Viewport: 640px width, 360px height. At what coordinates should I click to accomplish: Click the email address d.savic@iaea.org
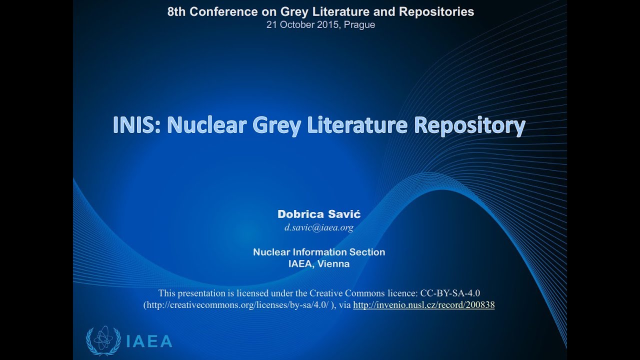319,227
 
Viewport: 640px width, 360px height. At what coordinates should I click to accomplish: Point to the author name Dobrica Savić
319,214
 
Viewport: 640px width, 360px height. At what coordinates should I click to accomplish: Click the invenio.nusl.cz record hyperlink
423,304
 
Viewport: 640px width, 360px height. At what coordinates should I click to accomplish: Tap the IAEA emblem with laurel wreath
103,340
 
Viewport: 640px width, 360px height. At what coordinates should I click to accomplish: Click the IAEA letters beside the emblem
149,342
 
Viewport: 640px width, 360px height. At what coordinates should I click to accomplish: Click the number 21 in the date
271,24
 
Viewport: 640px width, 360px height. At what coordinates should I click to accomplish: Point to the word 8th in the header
176,12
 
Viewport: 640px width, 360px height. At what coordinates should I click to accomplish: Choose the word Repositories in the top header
440,12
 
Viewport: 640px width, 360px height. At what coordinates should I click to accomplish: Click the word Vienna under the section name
333,264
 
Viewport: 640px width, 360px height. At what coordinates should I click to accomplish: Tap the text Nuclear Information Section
319,252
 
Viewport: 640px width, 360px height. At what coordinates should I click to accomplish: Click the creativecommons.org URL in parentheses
236,304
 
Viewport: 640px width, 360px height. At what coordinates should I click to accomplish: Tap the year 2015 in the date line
328,24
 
